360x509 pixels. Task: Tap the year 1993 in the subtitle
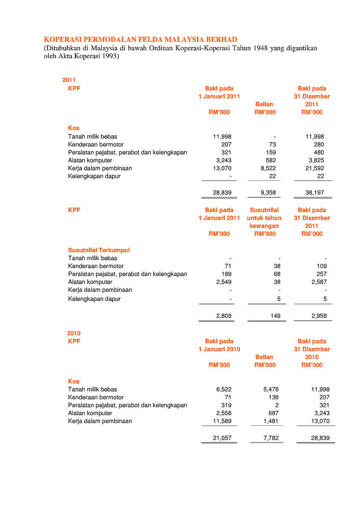click(108, 57)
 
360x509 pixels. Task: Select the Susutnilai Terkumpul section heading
click(99, 250)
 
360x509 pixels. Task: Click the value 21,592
click(315, 168)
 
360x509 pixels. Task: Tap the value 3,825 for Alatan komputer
click(316, 160)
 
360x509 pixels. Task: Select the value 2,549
click(224, 282)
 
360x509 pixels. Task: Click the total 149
click(276, 316)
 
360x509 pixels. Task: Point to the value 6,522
click(224, 390)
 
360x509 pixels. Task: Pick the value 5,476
click(271, 390)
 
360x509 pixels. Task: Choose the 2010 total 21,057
click(222, 438)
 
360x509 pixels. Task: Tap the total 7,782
click(271, 438)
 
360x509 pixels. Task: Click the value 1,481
click(271, 421)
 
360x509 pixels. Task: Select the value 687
click(274, 413)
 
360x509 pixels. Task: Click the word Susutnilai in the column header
click(264, 210)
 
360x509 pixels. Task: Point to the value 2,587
click(318, 282)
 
